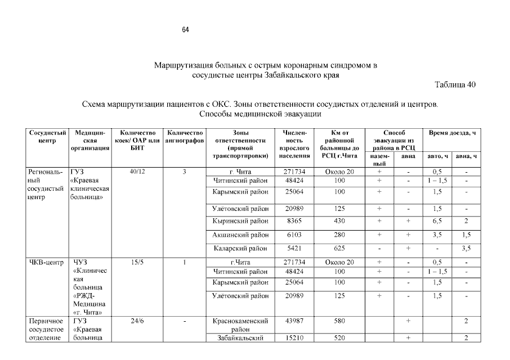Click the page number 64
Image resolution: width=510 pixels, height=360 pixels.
coord(185,30)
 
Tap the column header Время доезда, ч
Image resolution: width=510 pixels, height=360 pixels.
coord(452,133)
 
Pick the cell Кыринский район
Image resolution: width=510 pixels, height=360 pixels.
coord(240,221)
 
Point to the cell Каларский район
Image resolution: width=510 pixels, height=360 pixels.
coord(240,248)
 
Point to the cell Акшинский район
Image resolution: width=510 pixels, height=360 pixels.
coord(240,235)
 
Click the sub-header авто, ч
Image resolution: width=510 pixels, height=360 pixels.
coord(437,156)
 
